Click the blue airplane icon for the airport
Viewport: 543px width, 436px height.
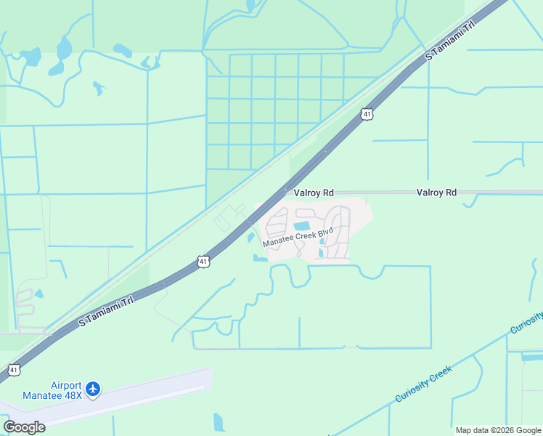(92, 389)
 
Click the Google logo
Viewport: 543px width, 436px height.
(24, 427)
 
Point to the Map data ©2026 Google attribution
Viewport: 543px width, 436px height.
(498, 430)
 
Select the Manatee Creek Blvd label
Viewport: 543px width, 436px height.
(298, 236)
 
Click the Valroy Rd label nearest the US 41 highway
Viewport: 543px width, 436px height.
(314, 193)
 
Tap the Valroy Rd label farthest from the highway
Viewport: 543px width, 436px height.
(436, 193)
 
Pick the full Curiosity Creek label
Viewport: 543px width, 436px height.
(424, 384)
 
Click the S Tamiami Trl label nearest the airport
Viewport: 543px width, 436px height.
(106, 310)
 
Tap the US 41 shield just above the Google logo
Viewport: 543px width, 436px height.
(14, 370)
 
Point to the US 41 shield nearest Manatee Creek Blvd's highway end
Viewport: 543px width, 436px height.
(204, 260)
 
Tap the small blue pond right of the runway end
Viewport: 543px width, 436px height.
(219, 421)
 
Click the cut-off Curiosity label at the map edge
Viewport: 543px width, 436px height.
(528, 321)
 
